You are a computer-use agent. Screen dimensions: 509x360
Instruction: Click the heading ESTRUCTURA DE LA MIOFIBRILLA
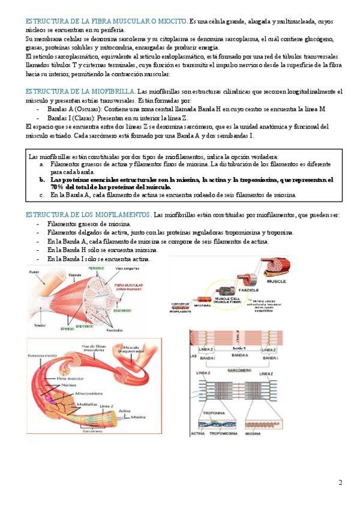tap(80, 91)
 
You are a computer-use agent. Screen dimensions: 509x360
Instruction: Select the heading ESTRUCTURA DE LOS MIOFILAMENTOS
tap(88, 215)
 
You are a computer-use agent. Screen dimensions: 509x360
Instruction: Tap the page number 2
tap(340, 483)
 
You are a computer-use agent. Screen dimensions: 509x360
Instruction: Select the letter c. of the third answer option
tap(41, 195)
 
